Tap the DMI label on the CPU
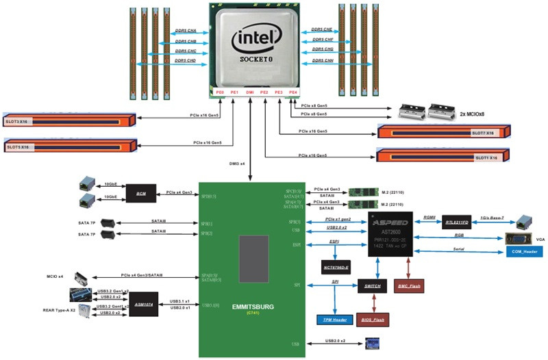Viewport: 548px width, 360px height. point(249,91)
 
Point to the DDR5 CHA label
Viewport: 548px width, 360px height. point(186,31)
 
